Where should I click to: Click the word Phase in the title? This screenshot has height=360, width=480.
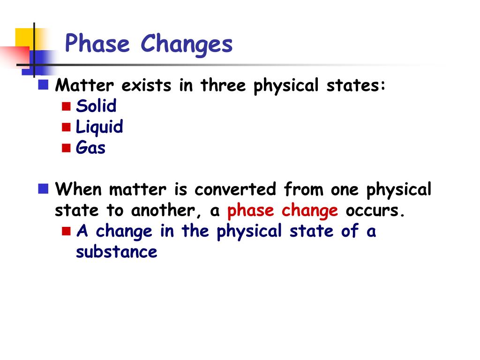(97, 45)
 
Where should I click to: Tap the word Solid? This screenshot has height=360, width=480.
(96, 106)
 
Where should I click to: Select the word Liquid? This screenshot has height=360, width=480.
(99, 127)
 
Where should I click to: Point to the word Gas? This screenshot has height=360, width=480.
(90, 148)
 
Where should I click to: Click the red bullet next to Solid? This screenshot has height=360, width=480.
(66, 106)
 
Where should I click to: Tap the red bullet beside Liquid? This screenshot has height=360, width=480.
(66, 127)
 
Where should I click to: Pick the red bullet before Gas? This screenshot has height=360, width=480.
(66, 148)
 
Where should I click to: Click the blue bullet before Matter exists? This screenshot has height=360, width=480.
(44, 85)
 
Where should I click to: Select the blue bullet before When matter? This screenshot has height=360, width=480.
(44, 189)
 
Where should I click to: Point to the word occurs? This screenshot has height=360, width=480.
(375, 211)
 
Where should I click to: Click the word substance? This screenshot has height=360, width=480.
(116, 252)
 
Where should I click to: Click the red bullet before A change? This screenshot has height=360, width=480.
(66, 231)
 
